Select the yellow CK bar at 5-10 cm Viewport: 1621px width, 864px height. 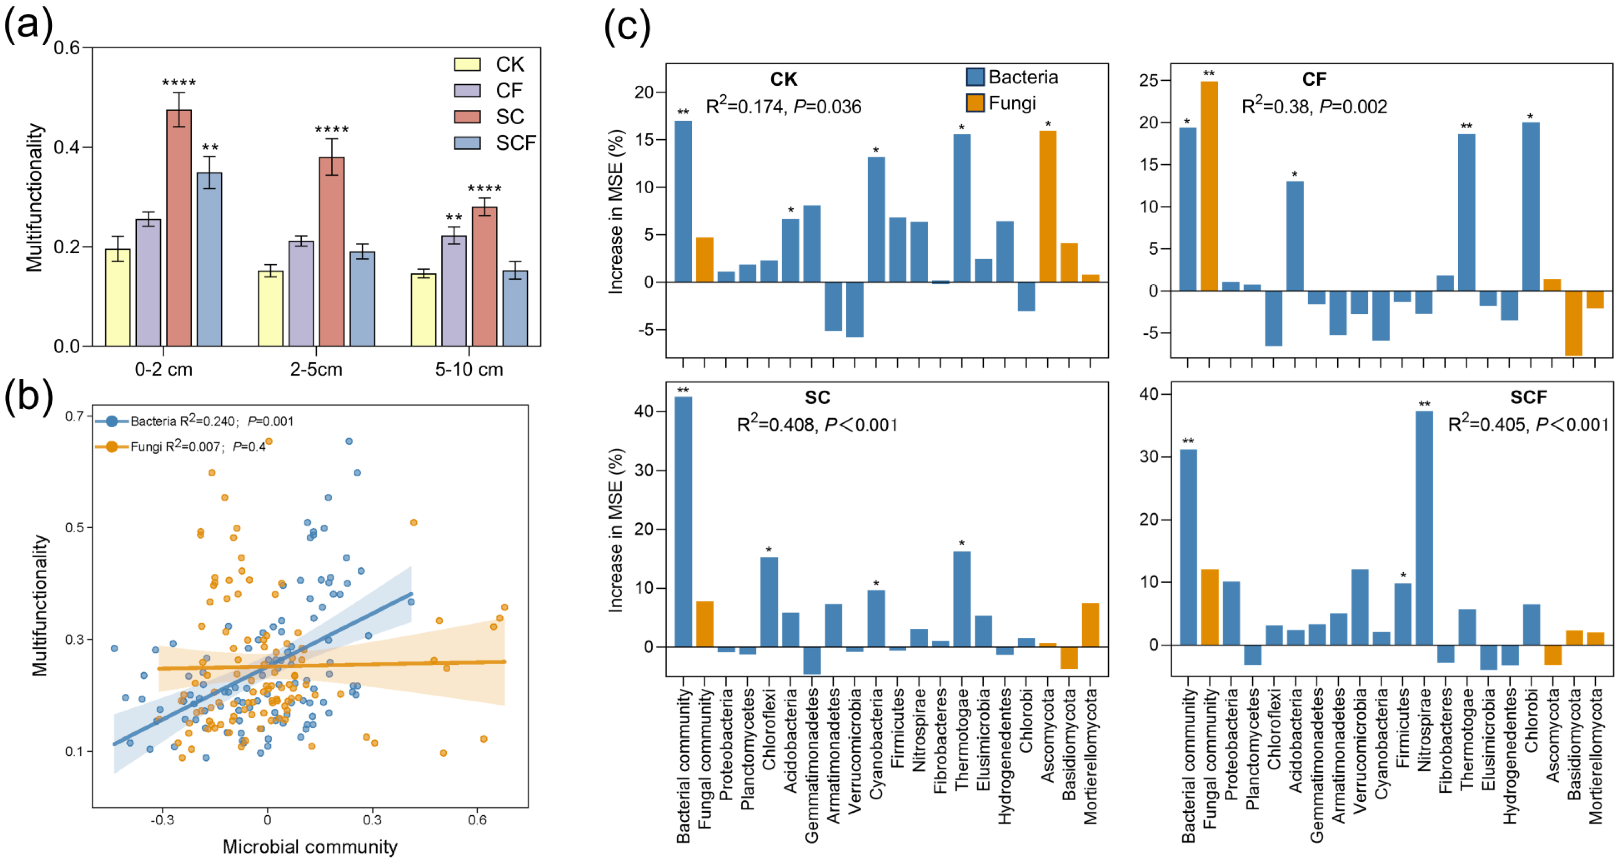[x=423, y=310]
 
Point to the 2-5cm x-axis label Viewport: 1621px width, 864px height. [x=316, y=369]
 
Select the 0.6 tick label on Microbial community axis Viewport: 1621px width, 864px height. [x=477, y=820]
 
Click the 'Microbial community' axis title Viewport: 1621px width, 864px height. [x=310, y=846]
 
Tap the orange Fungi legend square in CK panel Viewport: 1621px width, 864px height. [x=975, y=103]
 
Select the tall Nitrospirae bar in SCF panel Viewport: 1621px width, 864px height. [x=1424, y=528]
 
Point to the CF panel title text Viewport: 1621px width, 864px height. [x=1314, y=79]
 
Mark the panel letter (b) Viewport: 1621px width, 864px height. [x=28, y=396]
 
